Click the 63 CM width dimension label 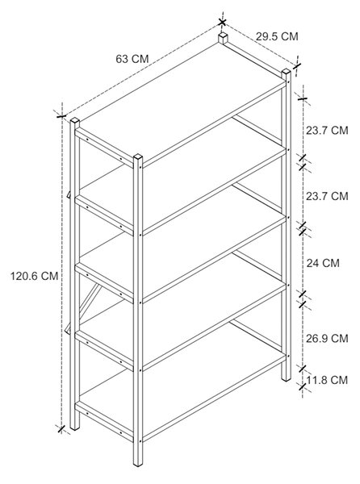click(x=132, y=59)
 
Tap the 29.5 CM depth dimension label click(x=277, y=36)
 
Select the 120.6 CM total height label click(x=34, y=276)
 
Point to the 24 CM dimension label click(x=323, y=263)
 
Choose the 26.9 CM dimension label click(x=327, y=338)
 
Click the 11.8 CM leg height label click(x=327, y=380)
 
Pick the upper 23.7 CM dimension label click(x=327, y=130)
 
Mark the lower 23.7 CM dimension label click(x=327, y=196)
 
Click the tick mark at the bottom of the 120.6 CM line click(x=61, y=429)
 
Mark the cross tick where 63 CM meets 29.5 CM click(x=222, y=22)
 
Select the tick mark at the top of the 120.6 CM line click(x=61, y=115)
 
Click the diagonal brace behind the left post click(x=90, y=301)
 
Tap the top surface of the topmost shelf click(x=182, y=102)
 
